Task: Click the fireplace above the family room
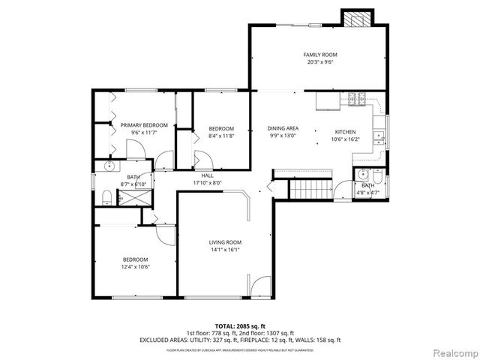[x=356, y=18]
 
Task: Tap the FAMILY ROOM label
[x=319, y=55]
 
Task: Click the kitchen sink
[x=381, y=136]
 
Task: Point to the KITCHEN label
[x=345, y=130]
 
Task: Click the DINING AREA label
[x=283, y=127]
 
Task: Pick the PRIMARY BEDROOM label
[x=144, y=125]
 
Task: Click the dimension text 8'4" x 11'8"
[x=221, y=136]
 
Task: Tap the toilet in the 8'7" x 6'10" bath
[x=106, y=197]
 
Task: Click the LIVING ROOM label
[x=225, y=241]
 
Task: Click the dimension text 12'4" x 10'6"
[x=136, y=266]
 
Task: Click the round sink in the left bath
[x=111, y=166]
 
